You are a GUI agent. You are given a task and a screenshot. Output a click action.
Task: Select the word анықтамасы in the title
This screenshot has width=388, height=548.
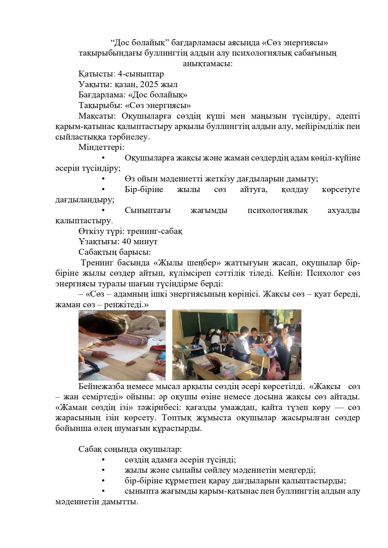tap(207, 64)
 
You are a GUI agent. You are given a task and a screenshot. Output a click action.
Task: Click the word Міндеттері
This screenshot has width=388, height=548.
tap(101, 147)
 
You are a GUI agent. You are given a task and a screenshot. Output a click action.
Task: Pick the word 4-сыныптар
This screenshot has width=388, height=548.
tap(141, 74)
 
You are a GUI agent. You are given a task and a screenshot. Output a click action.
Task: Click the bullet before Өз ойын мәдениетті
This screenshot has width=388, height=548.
tap(103, 179)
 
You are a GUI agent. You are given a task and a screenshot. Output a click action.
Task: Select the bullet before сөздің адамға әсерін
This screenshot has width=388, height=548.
tap(103, 460)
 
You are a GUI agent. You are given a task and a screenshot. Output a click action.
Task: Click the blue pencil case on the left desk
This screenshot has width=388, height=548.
tap(195, 346)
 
